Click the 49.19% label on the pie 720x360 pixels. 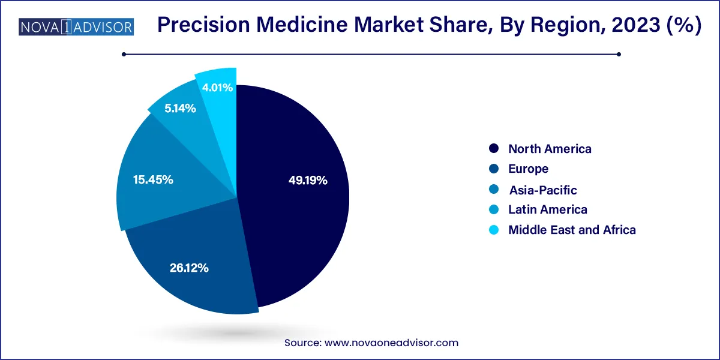point(308,180)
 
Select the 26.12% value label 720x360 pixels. point(189,268)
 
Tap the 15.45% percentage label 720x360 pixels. point(154,179)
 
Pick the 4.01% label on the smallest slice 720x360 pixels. point(217,88)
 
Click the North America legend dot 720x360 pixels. point(494,149)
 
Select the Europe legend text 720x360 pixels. point(528,169)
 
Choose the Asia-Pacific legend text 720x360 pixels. point(542,190)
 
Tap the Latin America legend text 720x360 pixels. point(547,209)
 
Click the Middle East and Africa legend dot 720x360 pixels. point(494,230)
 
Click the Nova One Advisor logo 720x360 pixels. point(76,27)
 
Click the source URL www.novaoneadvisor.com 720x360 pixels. point(391,343)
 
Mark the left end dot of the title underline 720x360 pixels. point(124,54)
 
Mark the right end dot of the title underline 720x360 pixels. point(619,54)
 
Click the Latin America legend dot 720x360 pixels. point(494,209)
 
